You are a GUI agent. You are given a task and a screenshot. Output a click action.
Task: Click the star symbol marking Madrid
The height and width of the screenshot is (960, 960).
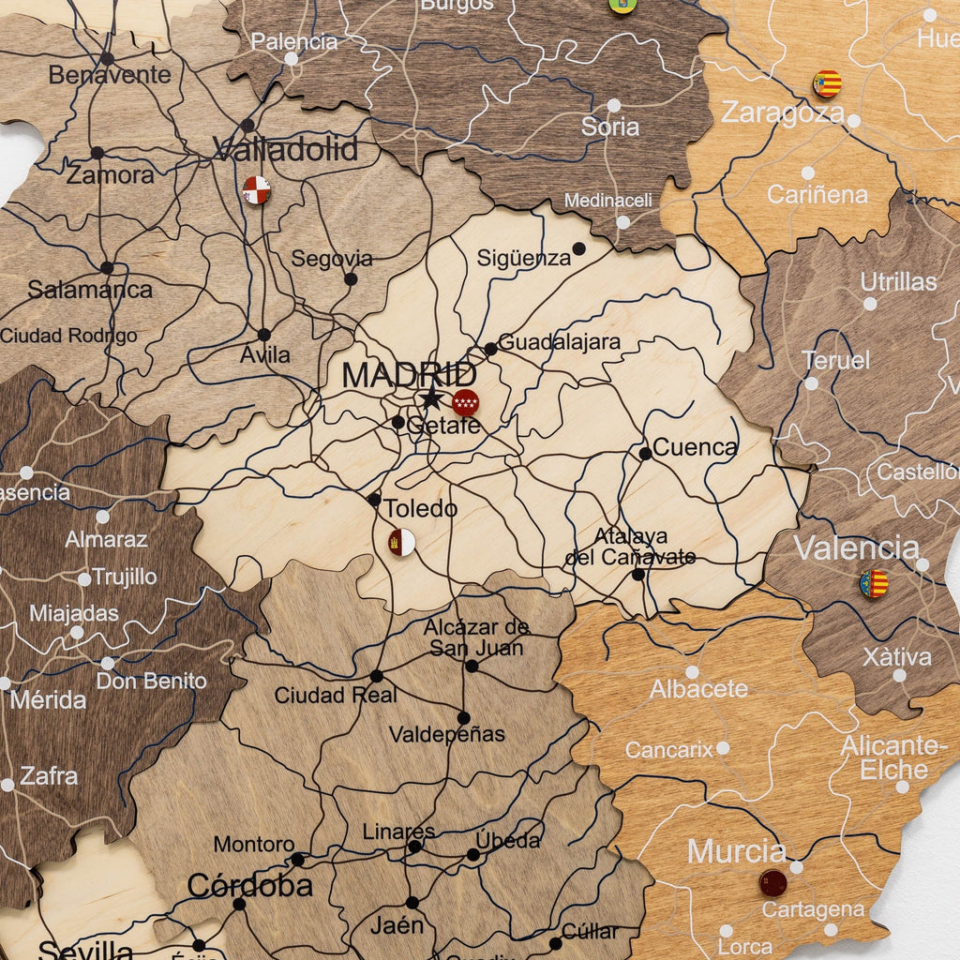click(x=431, y=398)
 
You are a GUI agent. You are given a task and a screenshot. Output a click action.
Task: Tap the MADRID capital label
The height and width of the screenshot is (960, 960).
click(x=409, y=374)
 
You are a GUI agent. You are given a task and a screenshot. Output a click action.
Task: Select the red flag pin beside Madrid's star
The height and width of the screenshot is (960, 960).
click(x=465, y=402)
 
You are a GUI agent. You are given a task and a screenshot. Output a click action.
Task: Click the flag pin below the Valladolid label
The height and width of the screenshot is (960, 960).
click(x=256, y=190)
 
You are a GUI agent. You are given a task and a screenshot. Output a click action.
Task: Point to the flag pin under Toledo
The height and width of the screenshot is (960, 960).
click(x=402, y=542)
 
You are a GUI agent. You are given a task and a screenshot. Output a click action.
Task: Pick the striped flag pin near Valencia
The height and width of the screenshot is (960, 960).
click(x=874, y=584)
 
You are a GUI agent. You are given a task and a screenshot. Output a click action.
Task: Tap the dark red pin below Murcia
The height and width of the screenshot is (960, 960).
click(x=772, y=882)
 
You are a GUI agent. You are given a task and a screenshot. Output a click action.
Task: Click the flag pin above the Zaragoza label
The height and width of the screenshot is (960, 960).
click(x=826, y=83)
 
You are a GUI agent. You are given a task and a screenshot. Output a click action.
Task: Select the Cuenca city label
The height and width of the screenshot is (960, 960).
click(x=695, y=447)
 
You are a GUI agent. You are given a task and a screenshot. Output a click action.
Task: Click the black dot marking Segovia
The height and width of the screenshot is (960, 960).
click(x=351, y=278)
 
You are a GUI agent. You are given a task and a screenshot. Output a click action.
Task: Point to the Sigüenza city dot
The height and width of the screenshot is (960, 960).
click(x=579, y=248)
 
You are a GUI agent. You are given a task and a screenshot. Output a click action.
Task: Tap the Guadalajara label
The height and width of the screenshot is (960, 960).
click(x=559, y=342)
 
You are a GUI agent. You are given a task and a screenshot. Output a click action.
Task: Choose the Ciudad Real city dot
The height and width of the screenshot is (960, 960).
click(x=377, y=676)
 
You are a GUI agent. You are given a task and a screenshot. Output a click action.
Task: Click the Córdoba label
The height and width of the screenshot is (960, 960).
click(x=249, y=885)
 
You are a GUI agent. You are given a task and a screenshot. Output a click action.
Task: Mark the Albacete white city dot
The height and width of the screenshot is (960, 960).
click(x=692, y=672)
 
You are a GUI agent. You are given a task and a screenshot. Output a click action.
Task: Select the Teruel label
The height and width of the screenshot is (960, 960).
click(x=835, y=360)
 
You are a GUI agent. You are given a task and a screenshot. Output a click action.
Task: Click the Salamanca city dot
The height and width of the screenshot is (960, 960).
click(x=107, y=268)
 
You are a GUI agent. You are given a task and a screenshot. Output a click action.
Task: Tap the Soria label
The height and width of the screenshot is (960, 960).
click(x=609, y=127)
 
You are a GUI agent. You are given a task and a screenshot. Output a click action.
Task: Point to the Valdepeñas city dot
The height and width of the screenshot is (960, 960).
click(x=463, y=718)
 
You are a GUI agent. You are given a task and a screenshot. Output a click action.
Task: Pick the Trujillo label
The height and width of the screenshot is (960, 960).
click(x=124, y=577)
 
